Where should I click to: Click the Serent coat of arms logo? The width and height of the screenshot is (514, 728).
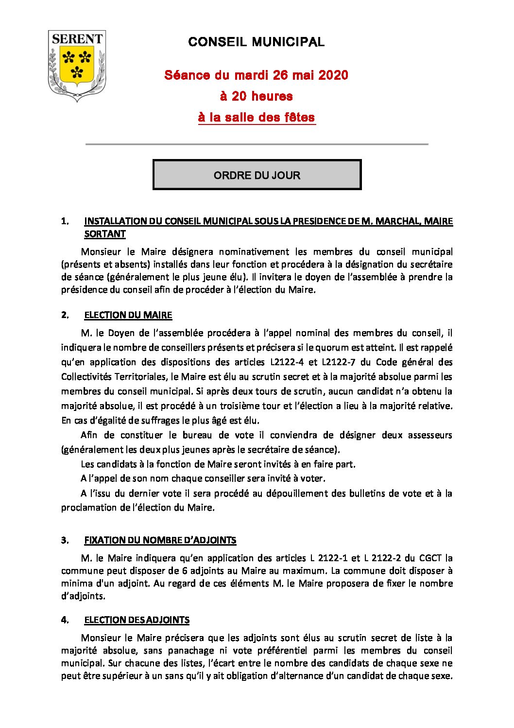click(x=77, y=65)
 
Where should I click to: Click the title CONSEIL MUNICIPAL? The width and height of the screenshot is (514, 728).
click(x=256, y=42)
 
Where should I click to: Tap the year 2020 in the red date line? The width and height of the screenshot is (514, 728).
click(x=334, y=75)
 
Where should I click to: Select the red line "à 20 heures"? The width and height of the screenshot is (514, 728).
click(x=256, y=96)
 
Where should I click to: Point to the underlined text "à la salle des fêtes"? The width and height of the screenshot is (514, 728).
click(x=257, y=118)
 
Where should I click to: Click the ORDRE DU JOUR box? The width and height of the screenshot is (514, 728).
click(x=257, y=175)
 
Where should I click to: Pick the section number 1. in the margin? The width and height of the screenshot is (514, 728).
click(x=65, y=221)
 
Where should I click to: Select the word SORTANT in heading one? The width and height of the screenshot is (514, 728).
click(x=105, y=234)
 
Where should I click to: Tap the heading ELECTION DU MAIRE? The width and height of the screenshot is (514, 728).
click(x=128, y=315)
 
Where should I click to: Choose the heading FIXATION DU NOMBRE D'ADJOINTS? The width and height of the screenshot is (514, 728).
click(x=160, y=540)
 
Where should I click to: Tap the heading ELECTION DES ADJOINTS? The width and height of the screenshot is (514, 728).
click(x=137, y=620)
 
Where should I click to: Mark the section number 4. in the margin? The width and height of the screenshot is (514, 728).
click(x=65, y=620)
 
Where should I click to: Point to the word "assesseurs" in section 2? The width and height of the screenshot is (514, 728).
click(x=430, y=435)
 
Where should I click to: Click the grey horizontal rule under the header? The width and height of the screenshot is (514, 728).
click(x=257, y=144)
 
